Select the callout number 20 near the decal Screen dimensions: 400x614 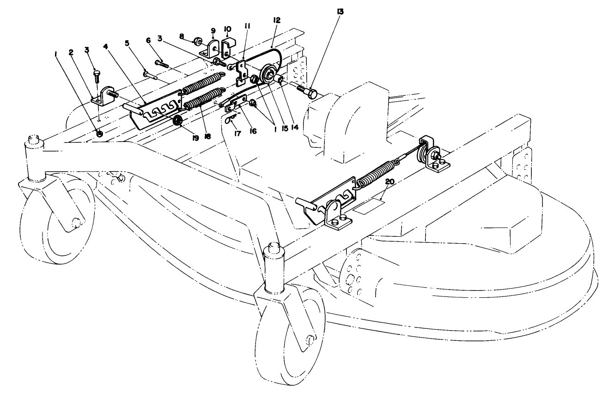pos(390,182)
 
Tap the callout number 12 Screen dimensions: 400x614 pos(276,20)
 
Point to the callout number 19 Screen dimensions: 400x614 pos(195,138)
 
